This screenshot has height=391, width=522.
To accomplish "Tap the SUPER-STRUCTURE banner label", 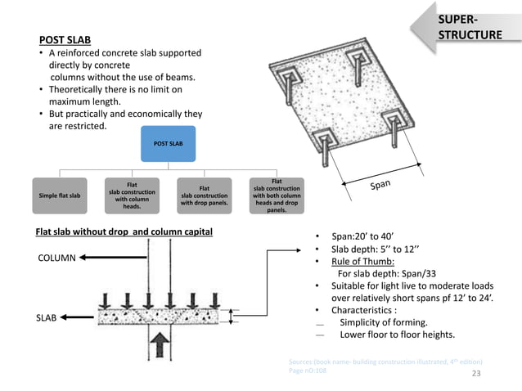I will pyautogui.click(x=470, y=27).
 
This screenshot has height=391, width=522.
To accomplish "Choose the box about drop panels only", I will pyautogui.click(x=204, y=196).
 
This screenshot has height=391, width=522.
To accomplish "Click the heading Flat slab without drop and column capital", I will pyautogui.click(x=124, y=232).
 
